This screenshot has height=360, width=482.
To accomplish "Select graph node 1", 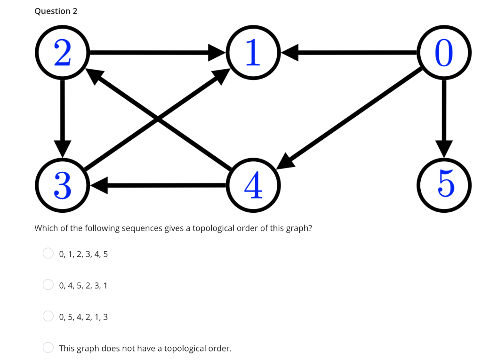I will (x=253, y=52).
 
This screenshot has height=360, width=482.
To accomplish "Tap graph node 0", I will (x=443, y=52).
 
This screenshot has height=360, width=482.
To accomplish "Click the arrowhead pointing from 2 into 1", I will (x=218, y=52).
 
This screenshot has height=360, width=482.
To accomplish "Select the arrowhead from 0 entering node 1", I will (x=289, y=52).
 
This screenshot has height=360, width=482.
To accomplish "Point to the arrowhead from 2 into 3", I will (x=63, y=148).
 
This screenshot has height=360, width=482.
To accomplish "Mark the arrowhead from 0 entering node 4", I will (x=285, y=161).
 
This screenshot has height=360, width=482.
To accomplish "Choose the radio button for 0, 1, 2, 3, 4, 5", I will (x=48, y=254).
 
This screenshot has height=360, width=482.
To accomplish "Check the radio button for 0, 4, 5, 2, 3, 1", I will (x=48, y=285).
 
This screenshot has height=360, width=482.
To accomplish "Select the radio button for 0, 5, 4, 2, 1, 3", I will (x=48, y=316).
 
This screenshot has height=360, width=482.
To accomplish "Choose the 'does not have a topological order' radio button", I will (x=48, y=348).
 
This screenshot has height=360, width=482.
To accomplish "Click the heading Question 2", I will (x=56, y=11).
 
